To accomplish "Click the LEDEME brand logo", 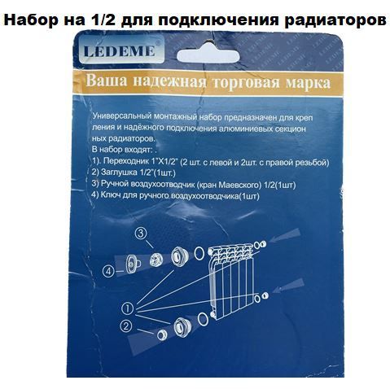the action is tap(120, 50).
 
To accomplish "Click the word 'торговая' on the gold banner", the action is tap(246, 82).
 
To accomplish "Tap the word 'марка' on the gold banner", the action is tap(309, 83).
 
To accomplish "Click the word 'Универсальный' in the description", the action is tap(121, 116).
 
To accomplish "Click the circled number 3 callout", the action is tap(141, 233).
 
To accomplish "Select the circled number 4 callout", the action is tap(109, 271).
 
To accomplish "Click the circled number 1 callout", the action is tap(128, 308).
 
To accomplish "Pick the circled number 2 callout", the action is tap(125, 326).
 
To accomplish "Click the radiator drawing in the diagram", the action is tap(231, 282).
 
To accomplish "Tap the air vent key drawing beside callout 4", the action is tap(133, 263).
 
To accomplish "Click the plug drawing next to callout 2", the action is tap(162, 335).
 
